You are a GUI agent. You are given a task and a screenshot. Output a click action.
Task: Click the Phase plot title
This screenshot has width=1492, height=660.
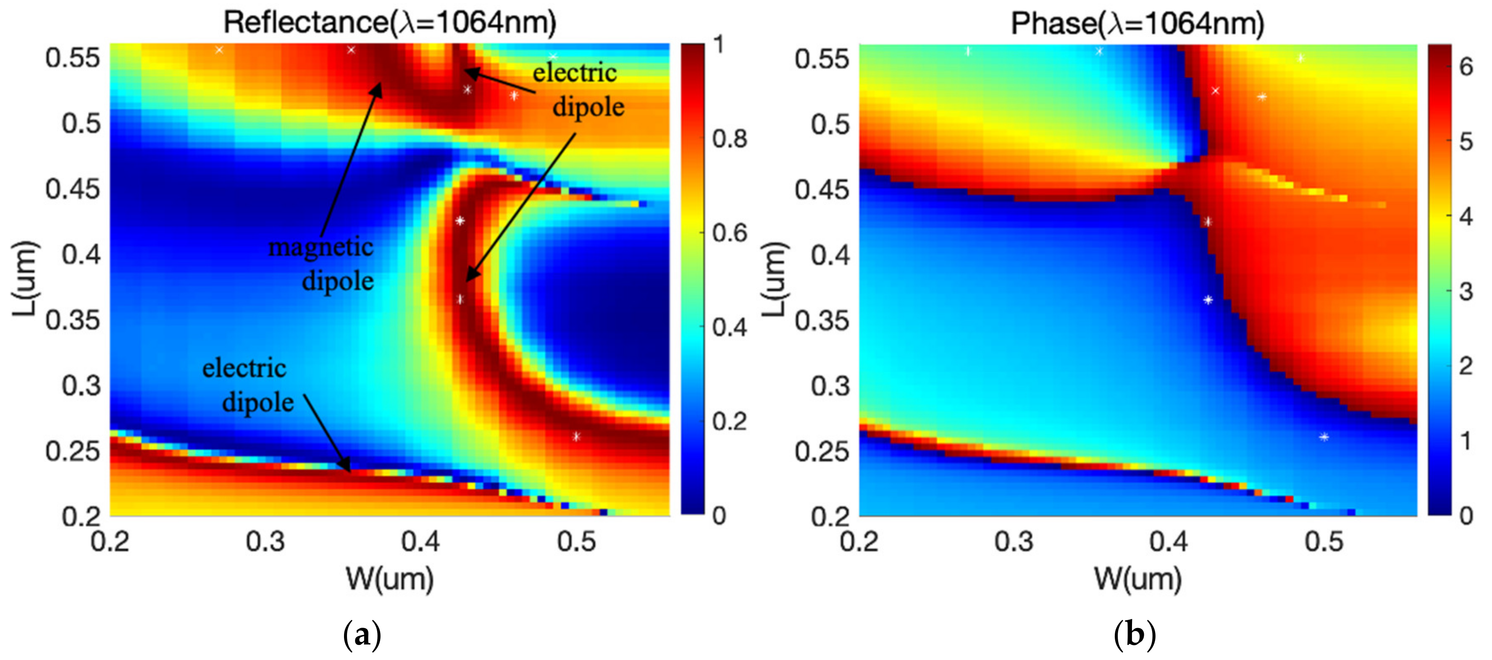pyautogui.click(x=1137, y=23)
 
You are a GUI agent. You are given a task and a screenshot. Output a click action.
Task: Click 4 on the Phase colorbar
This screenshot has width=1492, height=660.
pyautogui.click(x=1466, y=217)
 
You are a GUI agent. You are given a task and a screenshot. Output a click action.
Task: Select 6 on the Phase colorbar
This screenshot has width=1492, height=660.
pyautogui.click(x=1466, y=67)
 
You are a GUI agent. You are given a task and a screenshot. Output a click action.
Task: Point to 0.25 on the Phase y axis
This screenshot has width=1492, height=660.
pyautogui.click(x=821, y=452)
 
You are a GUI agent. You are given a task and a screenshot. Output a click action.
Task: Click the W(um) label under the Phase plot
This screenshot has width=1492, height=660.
pyautogui.click(x=1137, y=579)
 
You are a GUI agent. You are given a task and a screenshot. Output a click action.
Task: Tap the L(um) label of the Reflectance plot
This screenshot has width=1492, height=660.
pyautogui.click(x=26, y=279)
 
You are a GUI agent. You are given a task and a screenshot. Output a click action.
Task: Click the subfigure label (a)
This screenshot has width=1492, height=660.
pyautogui.click(x=362, y=635)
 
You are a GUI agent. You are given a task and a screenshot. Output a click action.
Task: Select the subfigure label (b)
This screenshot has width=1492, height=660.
pyautogui.click(x=1135, y=635)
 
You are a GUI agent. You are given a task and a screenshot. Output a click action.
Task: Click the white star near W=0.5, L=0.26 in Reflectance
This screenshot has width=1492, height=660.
pyautogui.click(x=576, y=437)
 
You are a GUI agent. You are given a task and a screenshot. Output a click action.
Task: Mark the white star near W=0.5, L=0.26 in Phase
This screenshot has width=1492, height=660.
pyautogui.click(x=1324, y=437)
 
